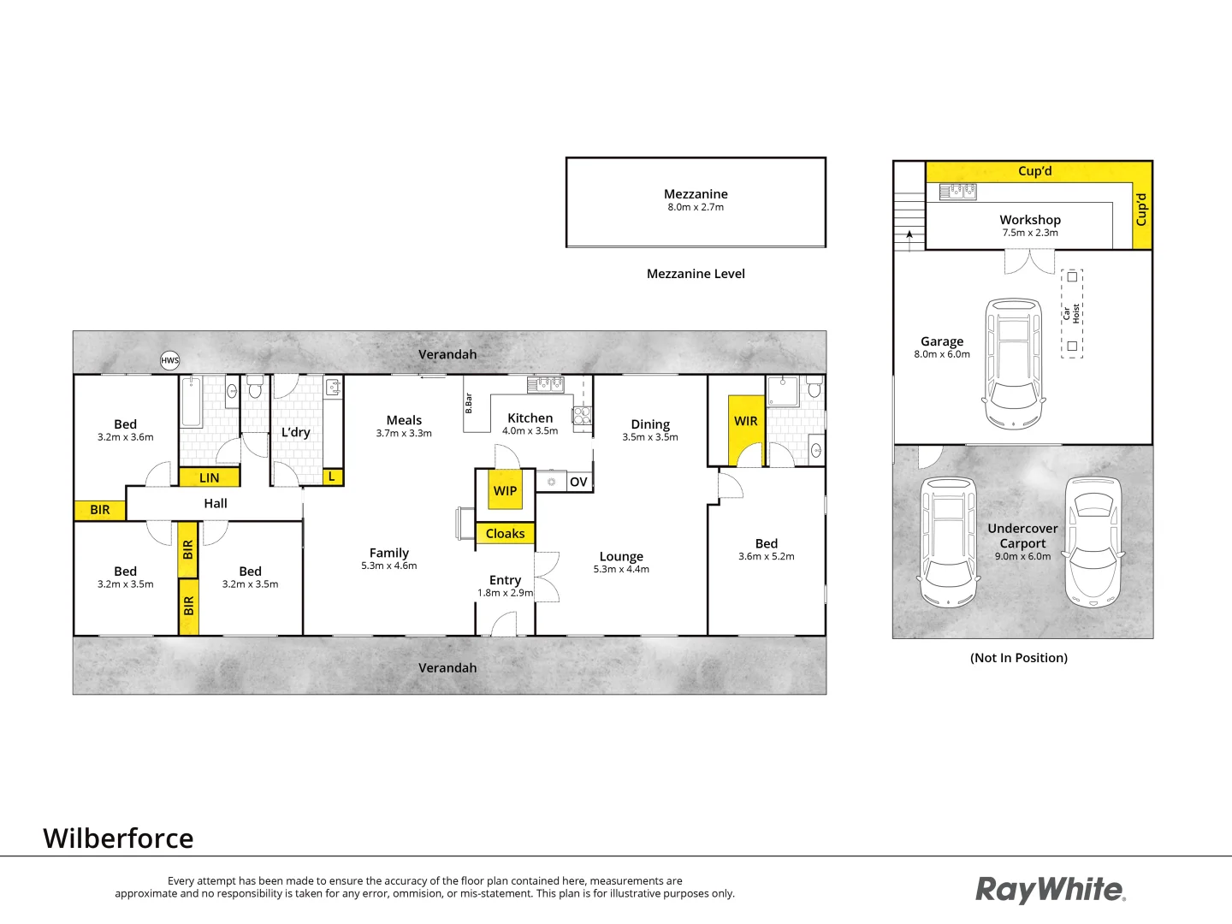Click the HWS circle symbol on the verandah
click(x=170, y=360)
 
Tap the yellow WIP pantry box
click(x=505, y=490)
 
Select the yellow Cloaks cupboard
click(x=505, y=533)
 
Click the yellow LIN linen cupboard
click(x=209, y=477)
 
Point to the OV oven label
click(x=578, y=482)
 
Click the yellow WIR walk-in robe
click(x=745, y=428)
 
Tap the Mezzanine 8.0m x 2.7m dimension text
click(x=696, y=207)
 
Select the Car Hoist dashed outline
click(x=1072, y=312)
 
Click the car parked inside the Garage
click(x=1014, y=364)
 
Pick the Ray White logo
click(x=1051, y=890)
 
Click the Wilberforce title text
click(x=119, y=838)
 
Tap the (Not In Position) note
click(x=1019, y=658)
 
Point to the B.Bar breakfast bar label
click(x=469, y=403)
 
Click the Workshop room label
click(x=1030, y=220)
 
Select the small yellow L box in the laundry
click(x=332, y=477)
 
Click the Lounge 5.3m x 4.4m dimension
click(x=621, y=569)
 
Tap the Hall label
click(x=216, y=503)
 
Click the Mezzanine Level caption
click(x=696, y=274)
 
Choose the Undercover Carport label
click(x=1022, y=536)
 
